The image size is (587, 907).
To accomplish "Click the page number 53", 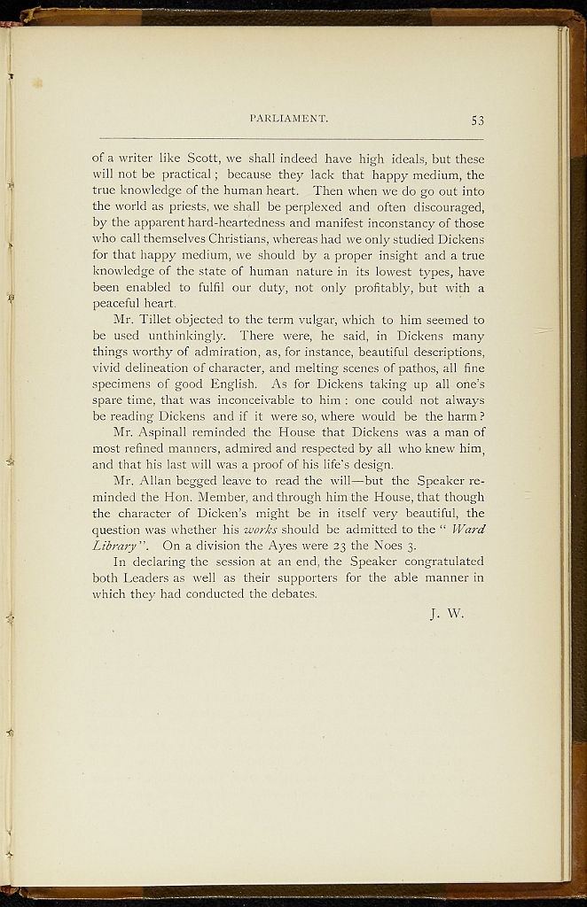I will point(477,120).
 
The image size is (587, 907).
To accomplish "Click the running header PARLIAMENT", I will point(290,118).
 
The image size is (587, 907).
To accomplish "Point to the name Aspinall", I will point(177,432).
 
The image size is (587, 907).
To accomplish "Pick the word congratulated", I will point(440,562).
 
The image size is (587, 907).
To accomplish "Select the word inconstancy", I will point(393,224).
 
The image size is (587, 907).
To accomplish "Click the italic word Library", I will point(116,546).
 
